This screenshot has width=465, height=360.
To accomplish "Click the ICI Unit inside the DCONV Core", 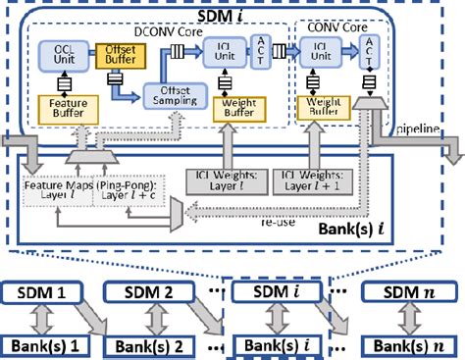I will click(x=229, y=59).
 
